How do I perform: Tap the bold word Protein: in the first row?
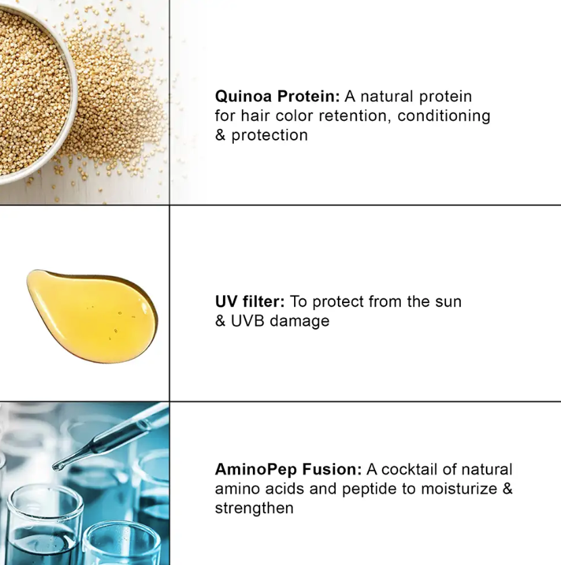point(308,97)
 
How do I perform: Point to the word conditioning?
point(444,117)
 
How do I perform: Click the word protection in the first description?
point(270,136)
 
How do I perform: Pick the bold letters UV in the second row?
point(226,302)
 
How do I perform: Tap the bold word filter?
point(264,302)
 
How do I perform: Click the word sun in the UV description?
point(448,302)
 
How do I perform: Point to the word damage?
point(299,321)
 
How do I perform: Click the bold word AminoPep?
point(255,470)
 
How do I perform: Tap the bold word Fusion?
point(332,470)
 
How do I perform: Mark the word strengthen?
point(254,508)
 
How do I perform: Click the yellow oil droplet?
point(92,316)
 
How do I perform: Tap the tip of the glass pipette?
point(57,468)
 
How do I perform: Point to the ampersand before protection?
point(220,135)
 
